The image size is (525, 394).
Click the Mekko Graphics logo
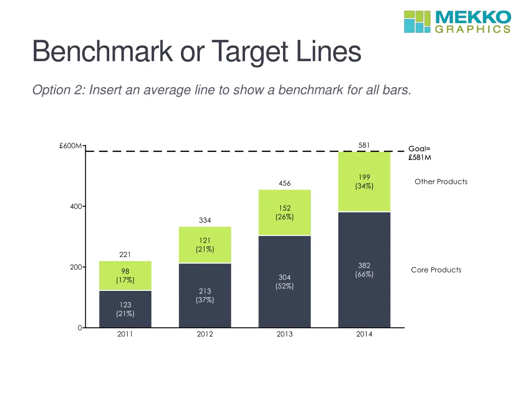click(457, 22)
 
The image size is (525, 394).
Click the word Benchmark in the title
click(102, 52)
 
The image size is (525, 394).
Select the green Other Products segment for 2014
click(364, 182)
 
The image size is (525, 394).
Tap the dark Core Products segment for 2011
click(125, 309)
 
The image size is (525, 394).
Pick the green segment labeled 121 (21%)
click(205, 245)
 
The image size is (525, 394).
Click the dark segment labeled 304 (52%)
click(285, 282)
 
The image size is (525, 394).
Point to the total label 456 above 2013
click(285, 183)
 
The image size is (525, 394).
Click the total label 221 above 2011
click(125, 254)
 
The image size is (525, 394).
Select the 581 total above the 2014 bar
click(364, 145)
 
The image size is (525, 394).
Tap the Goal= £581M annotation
click(419, 153)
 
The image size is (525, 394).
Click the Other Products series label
click(441, 182)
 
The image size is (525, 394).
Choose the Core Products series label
click(436, 270)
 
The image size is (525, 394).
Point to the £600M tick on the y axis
click(71, 146)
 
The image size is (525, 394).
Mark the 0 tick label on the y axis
click(80, 328)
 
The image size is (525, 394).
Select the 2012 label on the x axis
click(205, 334)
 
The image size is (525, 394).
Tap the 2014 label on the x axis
click(364, 334)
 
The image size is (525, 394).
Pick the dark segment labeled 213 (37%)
click(205, 295)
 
